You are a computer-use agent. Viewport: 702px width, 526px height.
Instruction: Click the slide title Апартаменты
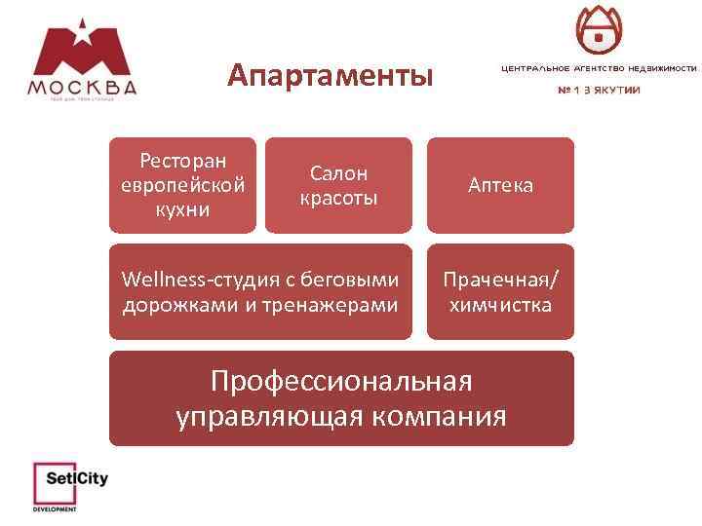click(330, 75)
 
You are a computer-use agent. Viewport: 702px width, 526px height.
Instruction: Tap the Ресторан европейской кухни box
click(182, 185)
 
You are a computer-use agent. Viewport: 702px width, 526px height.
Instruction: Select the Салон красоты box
click(338, 185)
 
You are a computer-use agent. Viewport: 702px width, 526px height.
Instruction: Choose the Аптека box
click(500, 185)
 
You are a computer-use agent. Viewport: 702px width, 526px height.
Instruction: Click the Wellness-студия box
click(260, 292)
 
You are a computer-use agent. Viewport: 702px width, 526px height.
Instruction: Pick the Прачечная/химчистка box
click(500, 292)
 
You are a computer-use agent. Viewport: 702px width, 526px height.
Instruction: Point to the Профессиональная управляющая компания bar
click(341, 398)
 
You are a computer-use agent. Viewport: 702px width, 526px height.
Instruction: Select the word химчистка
click(500, 305)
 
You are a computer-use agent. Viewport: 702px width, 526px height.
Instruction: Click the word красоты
click(338, 198)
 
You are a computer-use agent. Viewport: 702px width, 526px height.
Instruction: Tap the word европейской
click(182, 185)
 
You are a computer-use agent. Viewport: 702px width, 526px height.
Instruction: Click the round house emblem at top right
click(599, 30)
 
